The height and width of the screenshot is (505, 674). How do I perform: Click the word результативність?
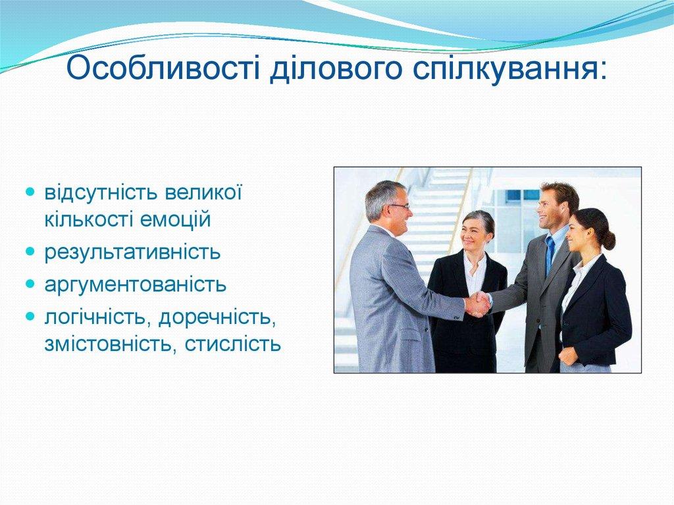tap(132, 252)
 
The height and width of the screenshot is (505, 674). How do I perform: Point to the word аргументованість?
tap(136, 285)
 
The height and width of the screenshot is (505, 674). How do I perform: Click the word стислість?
tap(233, 343)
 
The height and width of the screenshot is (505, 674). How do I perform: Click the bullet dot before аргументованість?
tap(30, 284)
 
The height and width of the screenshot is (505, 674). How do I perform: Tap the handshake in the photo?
tap(477, 304)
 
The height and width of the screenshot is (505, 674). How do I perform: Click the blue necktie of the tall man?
tap(550, 254)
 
